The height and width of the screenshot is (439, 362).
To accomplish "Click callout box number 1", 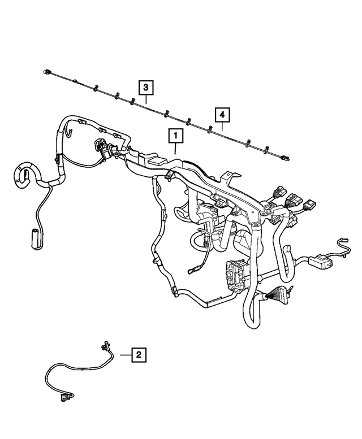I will point(175,136).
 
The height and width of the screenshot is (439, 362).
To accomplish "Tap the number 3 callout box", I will point(145,88).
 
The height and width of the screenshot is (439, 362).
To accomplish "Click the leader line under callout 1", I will point(175,149).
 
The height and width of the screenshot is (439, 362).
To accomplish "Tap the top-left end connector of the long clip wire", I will point(47,72).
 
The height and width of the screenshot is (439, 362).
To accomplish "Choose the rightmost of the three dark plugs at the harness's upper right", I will point(310,203).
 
